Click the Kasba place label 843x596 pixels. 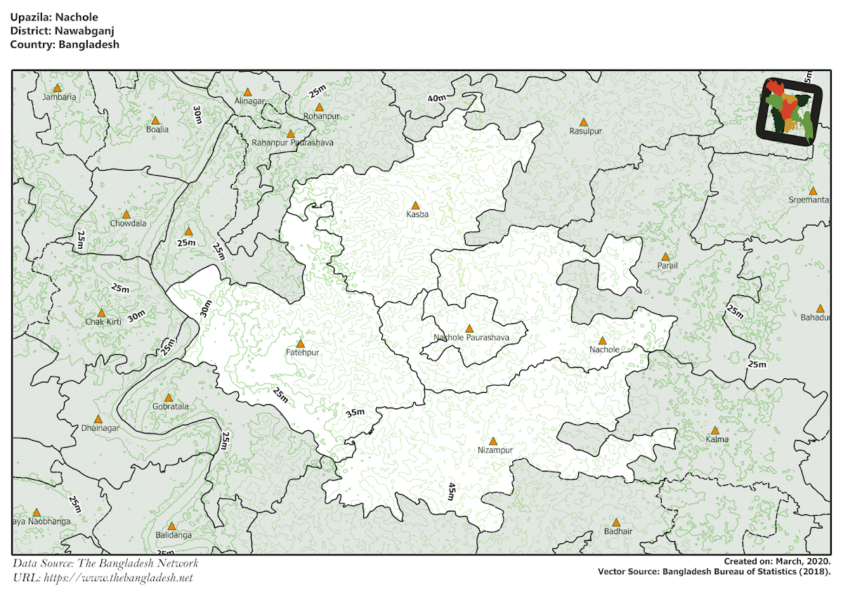[416, 214]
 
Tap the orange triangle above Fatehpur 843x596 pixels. [301, 344]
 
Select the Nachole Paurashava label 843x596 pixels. [471, 338]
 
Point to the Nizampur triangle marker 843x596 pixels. [493, 441]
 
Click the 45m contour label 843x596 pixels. [452, 491]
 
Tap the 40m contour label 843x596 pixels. [436, 98]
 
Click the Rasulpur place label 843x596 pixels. [586, 131]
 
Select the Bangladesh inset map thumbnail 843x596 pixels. [785, 110]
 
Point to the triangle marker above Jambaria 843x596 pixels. [58, 89]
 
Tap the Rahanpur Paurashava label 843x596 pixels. [292, 143]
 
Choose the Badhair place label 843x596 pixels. [617, 531]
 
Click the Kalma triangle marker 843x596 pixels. [715, 430]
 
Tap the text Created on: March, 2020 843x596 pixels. [777, 562]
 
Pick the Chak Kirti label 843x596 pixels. [103, 321]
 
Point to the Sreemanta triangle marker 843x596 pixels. [813, 191]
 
